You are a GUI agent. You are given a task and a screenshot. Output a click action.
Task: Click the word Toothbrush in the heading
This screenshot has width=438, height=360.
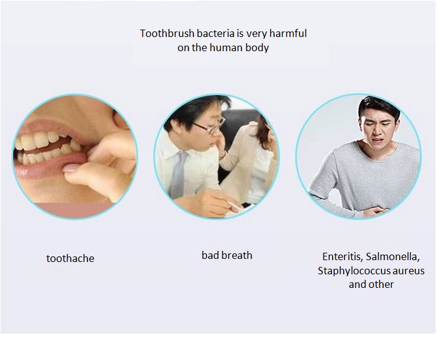pos(167,33)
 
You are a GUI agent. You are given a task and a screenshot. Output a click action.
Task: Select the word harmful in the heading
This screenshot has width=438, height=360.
pos(288,33)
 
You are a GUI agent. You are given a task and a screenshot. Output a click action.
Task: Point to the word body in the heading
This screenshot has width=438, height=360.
pos(258,48)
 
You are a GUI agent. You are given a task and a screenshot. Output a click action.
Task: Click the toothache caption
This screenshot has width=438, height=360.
pos(70,258)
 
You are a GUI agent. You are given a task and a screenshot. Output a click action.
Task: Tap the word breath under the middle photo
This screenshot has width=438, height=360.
pos(236,255)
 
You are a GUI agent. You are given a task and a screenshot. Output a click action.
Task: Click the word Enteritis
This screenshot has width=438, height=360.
pos(343,256)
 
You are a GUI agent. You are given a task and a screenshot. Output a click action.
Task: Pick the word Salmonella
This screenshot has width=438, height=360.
pos(393,256)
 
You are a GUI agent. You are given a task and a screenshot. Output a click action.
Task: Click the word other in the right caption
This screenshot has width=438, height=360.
pos(381,285)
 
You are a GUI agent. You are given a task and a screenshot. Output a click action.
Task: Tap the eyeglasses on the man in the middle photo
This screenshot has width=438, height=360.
pos(211,126)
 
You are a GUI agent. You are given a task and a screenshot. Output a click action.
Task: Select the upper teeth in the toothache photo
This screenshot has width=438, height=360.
pos(42,141)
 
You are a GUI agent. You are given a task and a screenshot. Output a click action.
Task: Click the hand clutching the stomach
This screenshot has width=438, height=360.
pos(376,211)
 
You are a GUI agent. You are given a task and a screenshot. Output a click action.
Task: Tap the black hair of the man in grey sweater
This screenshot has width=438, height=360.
pos(379,106)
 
